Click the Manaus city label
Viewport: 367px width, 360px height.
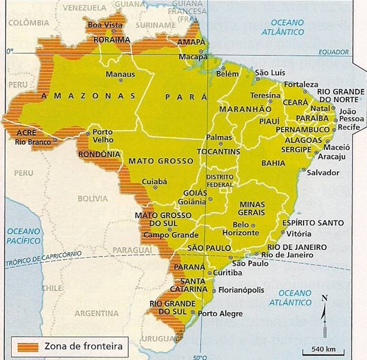121,74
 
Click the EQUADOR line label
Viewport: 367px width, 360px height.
334,52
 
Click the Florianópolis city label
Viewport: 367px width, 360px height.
241,290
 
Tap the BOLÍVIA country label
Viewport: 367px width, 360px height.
93,198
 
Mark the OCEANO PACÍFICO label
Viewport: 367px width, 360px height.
24,236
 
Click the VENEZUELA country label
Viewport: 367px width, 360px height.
85,8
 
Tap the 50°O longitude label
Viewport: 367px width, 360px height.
200,357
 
